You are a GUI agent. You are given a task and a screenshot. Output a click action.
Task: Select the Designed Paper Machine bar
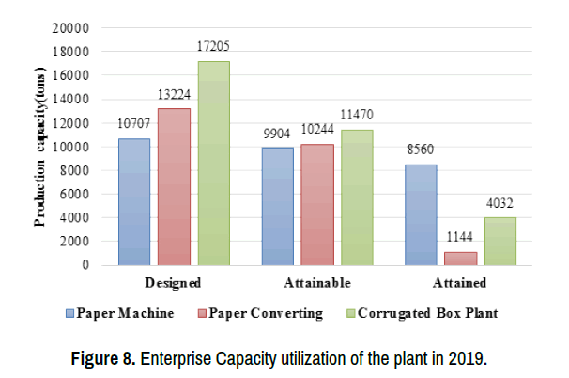tap(134, 201)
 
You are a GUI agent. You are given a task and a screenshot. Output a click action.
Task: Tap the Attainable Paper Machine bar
tap(278, 206)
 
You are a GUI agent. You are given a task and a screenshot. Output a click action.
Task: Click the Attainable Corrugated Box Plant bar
tap(357, 197)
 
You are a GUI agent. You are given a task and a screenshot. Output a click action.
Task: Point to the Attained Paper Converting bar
tap(461, 258)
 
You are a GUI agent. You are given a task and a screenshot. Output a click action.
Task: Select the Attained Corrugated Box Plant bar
tap(500, 241)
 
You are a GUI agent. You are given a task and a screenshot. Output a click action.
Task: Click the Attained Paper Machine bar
tap(422, 214)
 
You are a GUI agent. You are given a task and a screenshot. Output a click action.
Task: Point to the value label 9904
tap(278, 134)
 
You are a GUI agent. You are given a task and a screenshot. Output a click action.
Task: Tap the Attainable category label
tap(317, 282)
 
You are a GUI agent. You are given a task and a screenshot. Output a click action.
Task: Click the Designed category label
tap(174, 282)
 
